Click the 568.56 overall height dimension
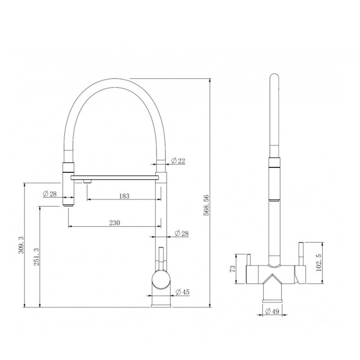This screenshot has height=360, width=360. [207, 205]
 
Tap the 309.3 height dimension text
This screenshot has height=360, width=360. [21, 245]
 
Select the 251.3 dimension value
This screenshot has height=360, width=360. [36, 257]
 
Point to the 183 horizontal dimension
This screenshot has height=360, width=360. [124, 196]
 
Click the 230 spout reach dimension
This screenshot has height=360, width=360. [114, 223]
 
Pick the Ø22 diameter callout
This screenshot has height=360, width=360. [178, 161]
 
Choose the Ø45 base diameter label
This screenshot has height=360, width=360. [182, 292]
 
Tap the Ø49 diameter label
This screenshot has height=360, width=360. [272, 311]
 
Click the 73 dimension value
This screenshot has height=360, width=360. [233, 269]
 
